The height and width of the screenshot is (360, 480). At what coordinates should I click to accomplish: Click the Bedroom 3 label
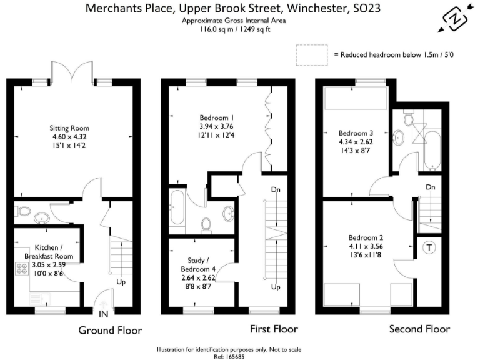[x=355, y=133]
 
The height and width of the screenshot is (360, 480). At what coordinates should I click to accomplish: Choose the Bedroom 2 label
[x=365, y=237]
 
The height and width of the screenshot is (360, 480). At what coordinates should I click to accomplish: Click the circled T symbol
[x=430, y=248]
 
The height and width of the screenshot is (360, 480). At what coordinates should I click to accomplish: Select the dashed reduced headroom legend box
[x=313, y=55]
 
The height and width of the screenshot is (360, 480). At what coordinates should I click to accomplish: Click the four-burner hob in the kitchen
[x=20, y=269]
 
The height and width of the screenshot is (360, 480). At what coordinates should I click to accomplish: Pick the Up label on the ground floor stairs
[x=119, y=282]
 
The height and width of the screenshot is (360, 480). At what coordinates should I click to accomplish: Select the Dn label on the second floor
[x=430, y=187]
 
